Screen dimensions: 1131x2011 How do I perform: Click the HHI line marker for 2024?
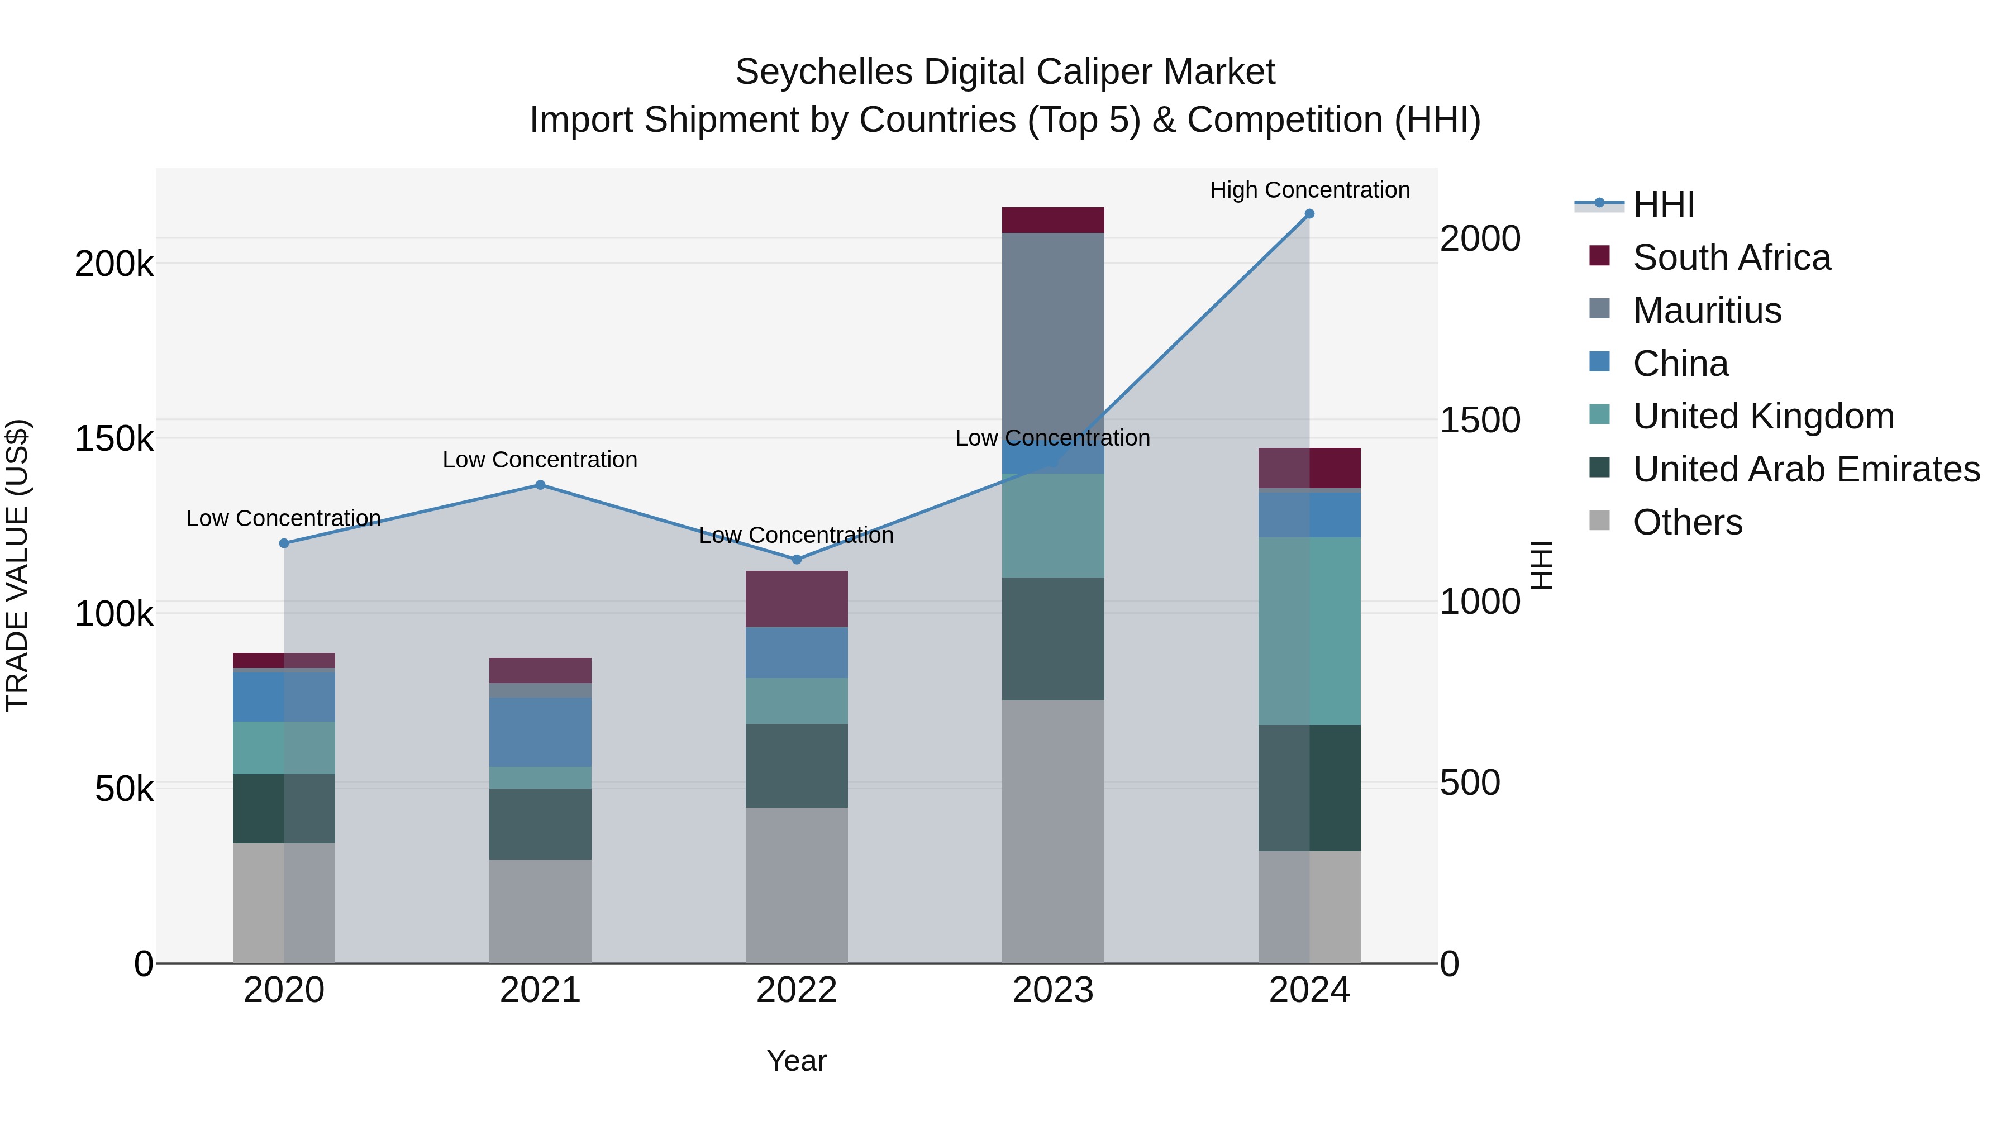point(1309,214)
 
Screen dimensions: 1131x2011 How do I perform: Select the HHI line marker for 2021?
point(540,485)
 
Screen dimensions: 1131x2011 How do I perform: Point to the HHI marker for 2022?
point(796,560)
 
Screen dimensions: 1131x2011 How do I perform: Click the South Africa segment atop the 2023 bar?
point(1053,220)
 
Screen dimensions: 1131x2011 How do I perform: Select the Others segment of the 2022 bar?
point(796,885)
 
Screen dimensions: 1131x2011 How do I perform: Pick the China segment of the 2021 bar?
point(540,732)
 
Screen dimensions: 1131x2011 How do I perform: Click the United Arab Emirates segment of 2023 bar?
point(1053,638)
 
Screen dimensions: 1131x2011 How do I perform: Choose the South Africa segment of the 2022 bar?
point(796,599)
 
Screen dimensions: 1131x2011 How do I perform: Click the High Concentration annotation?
point(1309,190)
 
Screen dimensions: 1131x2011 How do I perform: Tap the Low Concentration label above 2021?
point(540,460)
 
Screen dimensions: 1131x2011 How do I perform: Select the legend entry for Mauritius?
point(1707,311)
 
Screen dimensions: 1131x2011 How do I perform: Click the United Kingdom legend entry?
point(1763,416)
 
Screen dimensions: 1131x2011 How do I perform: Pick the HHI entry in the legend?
point(1663,204)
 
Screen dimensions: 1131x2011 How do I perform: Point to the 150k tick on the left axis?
point(114,438)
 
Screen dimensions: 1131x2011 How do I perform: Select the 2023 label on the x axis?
point(1053,990)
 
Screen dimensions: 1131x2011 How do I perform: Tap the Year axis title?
point(796,1061)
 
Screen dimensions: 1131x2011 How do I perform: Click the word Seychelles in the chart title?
point(823,72)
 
